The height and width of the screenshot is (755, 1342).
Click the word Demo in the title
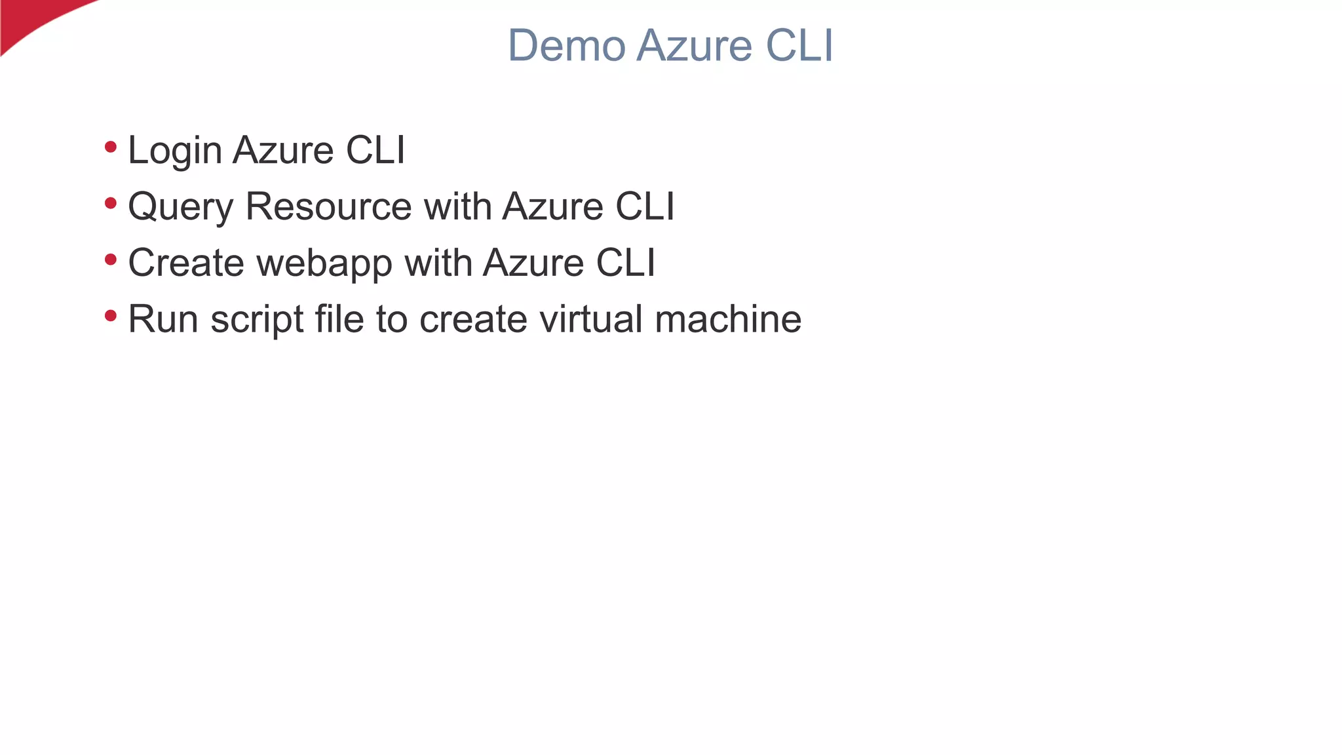[x=566, y=46]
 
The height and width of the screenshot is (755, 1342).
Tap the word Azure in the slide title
[x=694, y=46]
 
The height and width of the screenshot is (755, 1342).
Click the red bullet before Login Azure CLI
[x=111, y=147]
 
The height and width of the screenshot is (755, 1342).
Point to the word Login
[x=175, y=151]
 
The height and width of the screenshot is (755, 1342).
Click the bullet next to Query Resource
[x=111, y=204]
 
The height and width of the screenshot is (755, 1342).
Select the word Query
[x=180, y=207]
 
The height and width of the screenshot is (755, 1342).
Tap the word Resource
[x=328, y=206]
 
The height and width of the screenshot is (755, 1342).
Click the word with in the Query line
[x=457, y=206]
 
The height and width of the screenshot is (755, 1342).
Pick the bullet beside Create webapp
[x=111, y=260]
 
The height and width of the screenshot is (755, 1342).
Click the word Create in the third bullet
[x=186, y=263]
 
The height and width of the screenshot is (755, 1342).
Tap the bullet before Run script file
[x=111, y=317]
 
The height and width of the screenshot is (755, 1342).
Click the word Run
[x=163, y=319]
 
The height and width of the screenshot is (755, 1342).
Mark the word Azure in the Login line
[x=283, y=150]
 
